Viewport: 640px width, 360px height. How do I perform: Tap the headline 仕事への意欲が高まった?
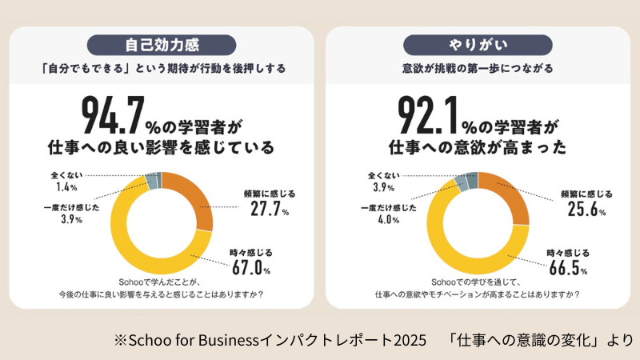(x=479, y=148)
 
